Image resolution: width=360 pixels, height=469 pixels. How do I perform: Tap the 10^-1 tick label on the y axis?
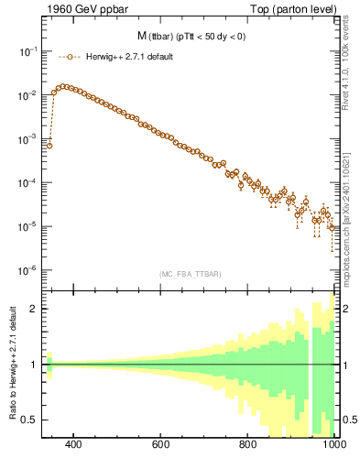pyautogui.click(x=28, y=52)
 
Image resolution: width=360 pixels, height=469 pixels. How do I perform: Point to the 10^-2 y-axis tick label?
pyautogui.click(x=28, y=96)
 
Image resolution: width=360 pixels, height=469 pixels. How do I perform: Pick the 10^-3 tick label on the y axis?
pyautogui.click(x=28, y=139)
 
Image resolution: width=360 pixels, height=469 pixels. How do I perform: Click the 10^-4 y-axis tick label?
pyautogui.click(x=28, y=183)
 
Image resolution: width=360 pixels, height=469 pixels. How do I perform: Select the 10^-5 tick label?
pyautogui.click(x=28, y=226)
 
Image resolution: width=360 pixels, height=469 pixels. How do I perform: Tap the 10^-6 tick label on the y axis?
pyautogui.click(x=28, y=270)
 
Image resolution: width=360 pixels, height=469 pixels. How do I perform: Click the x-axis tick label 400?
pyautogui.click(x=74, y=446)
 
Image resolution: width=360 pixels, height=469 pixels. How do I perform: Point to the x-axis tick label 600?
pyautogui.click(x=161, y=446)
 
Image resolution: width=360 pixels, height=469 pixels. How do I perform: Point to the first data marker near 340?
pyautogui.click(x=49, y=145)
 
